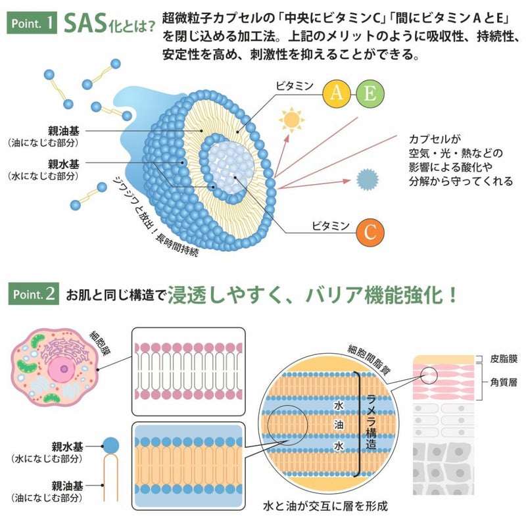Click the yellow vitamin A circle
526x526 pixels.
(337, 93)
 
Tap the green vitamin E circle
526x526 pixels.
(370, 93)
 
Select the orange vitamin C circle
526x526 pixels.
(370, 233)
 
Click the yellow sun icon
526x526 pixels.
(291, 120)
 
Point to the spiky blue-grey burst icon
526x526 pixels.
(368, 179)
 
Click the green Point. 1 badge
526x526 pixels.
(32, 23)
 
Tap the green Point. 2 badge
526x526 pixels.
(34, 293)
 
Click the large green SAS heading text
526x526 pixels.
(85, 24)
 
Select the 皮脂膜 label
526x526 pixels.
(504, 358)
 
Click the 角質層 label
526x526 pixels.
(504, 382)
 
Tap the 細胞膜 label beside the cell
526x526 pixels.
(101, 343)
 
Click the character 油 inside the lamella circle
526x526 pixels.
(339, 425)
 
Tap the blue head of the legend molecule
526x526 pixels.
(110, 446)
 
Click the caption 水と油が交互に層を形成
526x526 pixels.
(325, 506)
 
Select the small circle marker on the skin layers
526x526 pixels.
(429, 375)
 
